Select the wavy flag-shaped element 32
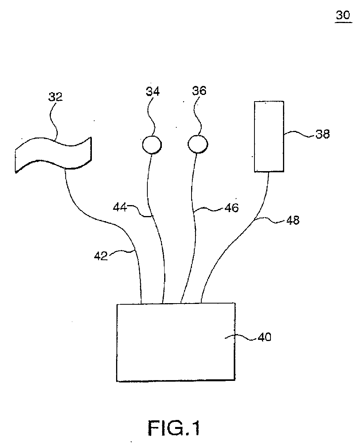[53, 154]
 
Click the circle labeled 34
[151, 145]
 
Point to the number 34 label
[152, 92]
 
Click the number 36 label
[199, 91]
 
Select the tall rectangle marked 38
[269, 136]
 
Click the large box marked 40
[176, 342]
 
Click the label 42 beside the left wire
[100, 256]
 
